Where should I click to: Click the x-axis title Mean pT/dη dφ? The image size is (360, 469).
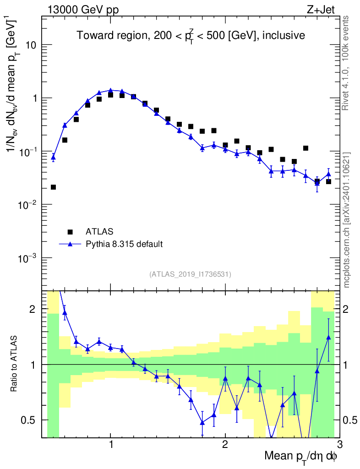[301, 456]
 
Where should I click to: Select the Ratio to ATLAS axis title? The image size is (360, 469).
[15, 364]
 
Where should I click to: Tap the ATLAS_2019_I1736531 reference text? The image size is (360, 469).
[190, 274]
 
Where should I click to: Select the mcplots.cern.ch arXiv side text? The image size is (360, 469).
[347, 220]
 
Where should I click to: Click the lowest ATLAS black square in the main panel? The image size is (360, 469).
[53, 187]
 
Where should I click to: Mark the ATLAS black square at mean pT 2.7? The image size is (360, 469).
[305, 148]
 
